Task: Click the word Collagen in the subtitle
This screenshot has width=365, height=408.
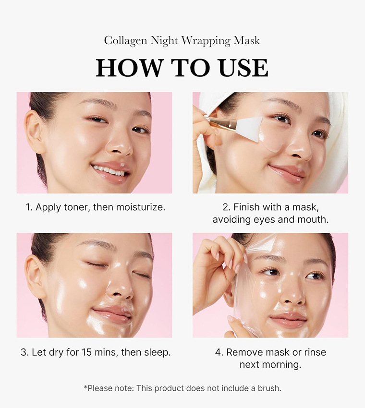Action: click(x=126, y=41)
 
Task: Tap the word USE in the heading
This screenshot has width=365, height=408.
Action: click(x=243, y=68)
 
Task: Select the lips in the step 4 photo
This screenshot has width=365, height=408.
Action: click(x=288, y=320)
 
